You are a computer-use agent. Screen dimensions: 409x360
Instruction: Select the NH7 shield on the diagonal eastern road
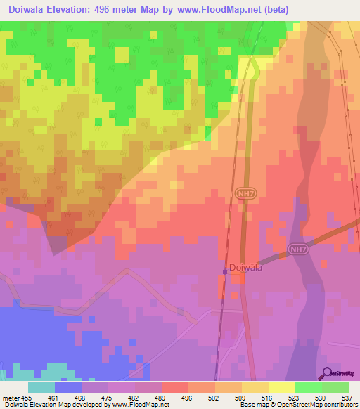click(x=297, y=249)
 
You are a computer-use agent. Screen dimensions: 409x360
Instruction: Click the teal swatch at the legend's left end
click(x=41, y=387)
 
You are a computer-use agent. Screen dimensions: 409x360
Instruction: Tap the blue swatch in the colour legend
click(x=68, y=387)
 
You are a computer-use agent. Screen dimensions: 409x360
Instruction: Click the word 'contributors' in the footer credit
click(x=337, y=405)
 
